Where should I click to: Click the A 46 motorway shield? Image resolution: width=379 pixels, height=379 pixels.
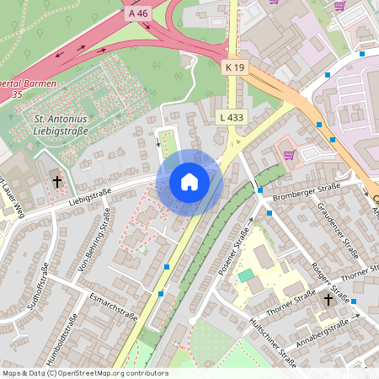pyautogui.click(x=139, y=14)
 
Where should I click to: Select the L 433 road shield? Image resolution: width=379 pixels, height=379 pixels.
pyautogui.click(x=230, y=117)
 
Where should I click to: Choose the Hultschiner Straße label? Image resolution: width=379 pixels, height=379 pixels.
pyautogui.click(x=273, y=343)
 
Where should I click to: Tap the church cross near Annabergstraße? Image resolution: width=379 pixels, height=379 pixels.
pyautogui.click(x=327, y=299)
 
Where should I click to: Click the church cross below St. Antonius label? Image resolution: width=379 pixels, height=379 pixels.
pyautogui.click(x=57, y=181)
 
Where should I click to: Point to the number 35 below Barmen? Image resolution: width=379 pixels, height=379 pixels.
pyautogui.click(x=17, y=94)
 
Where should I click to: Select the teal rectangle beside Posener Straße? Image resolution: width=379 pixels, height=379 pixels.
pyautogui.click(x=245, y=275)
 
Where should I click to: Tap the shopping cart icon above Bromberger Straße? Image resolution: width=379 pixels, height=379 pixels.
pyautogui.click(x=289, y=154)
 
